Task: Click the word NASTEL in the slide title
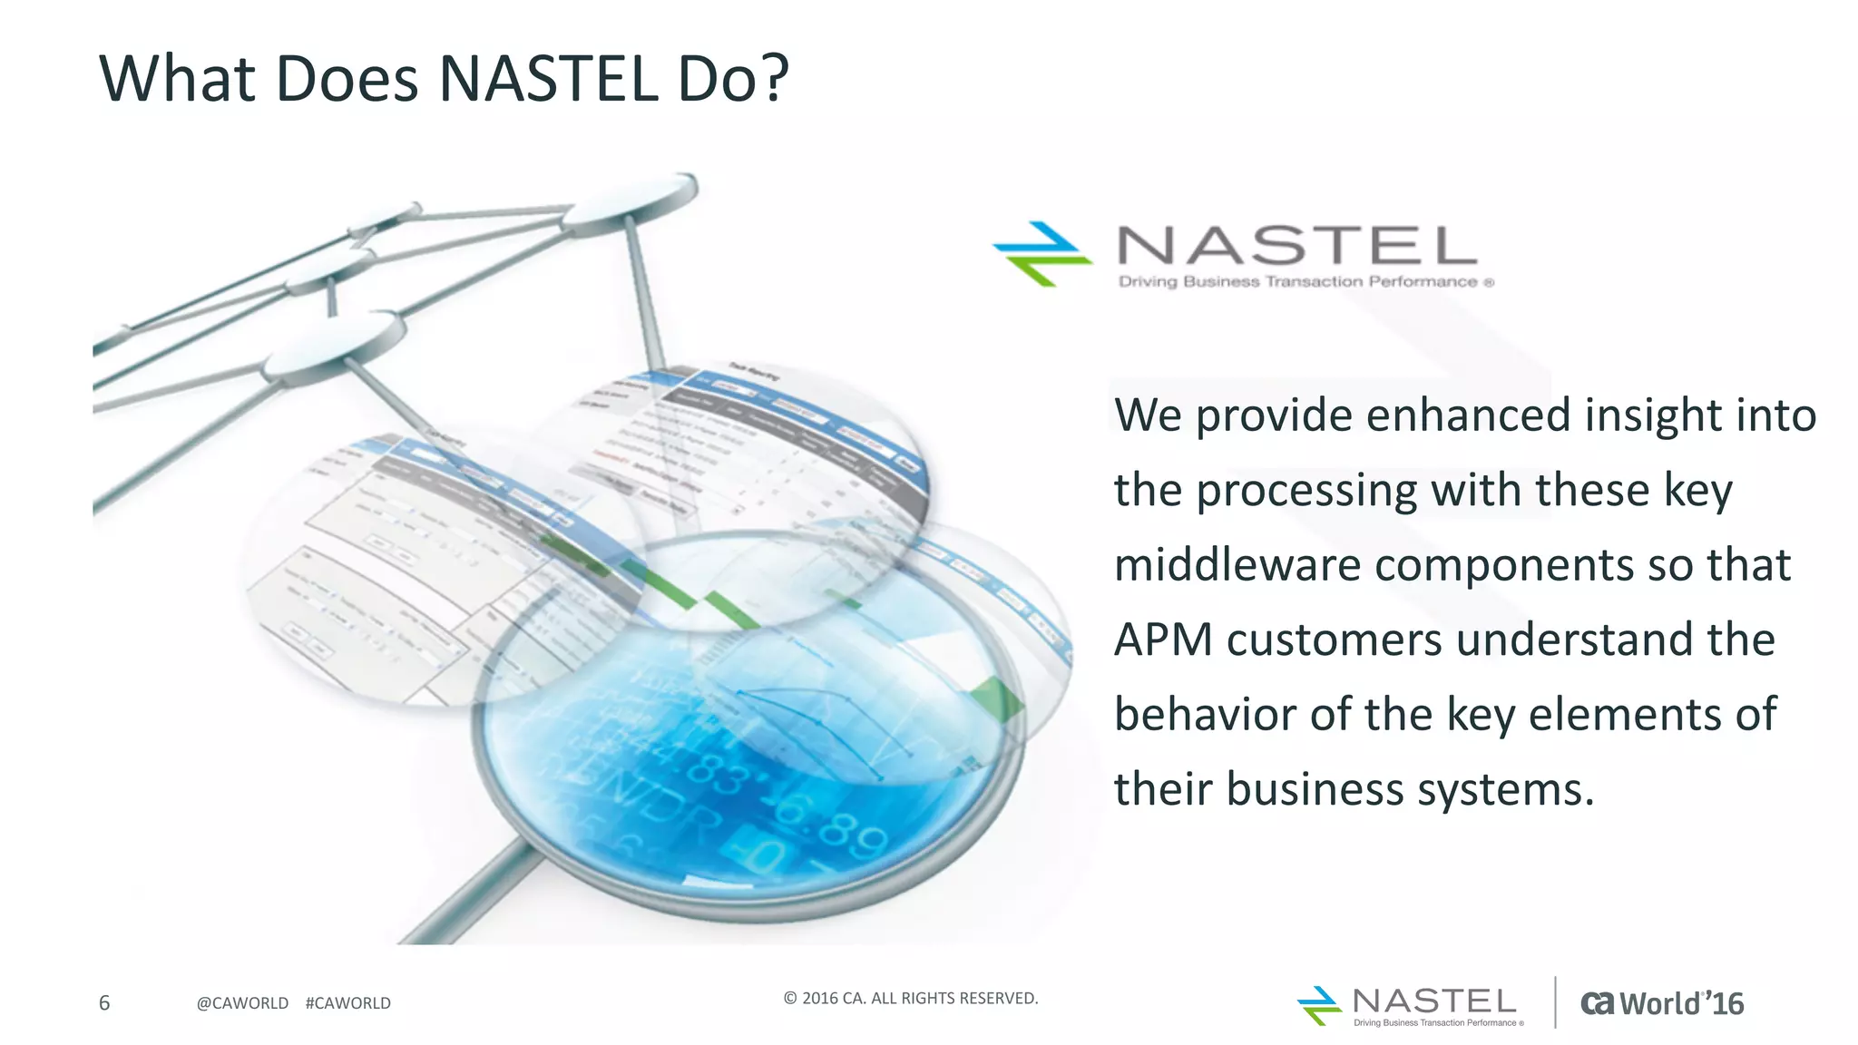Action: (x=548, y=79)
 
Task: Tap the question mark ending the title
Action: (x=772, y=79)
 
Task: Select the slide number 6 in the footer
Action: (x=104, y=1002)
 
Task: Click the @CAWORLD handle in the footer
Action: (x=242, y=1003)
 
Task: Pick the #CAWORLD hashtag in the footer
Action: (x=348, y=1003)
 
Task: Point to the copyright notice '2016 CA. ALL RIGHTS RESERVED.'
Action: (x=911, y=998)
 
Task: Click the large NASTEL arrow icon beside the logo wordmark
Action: (x=1041, y=253)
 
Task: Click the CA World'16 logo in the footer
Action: (x=1661, y=1003)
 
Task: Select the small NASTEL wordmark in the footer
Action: (x=1433, y=1001)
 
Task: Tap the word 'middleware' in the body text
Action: (x=1237, y=564)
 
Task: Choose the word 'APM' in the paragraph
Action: (x=1163, y=640)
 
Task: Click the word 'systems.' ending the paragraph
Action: (x=1501, y=788)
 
